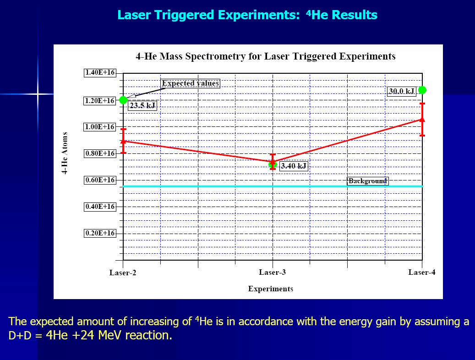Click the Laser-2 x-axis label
click(123, 273)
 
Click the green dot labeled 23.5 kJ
click(123, 100)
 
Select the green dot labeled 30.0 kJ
click(422, 90)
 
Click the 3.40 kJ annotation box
click(293, 166)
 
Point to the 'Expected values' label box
click(191, 83)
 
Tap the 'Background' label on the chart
click(368, 181)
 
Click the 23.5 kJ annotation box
click(142, 106)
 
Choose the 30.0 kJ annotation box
click(401, 91)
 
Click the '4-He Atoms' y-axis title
click(65, 153)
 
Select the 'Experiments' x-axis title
click(271, 289)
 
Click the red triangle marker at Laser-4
click(422, 119)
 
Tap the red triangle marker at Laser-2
click(123, 141)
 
